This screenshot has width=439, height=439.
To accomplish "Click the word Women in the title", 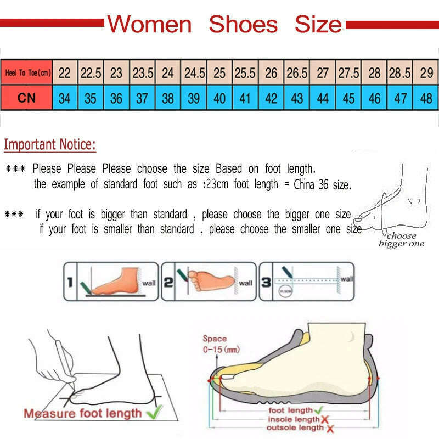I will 149,25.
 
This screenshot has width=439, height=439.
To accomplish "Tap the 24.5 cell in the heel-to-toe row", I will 194,72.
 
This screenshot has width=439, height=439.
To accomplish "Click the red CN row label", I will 26,99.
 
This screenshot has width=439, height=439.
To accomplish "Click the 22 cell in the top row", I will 65,72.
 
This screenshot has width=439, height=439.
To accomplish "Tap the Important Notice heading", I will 50,145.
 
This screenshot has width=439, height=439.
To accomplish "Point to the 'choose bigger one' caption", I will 401,240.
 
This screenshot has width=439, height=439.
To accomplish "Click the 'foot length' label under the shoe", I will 290,410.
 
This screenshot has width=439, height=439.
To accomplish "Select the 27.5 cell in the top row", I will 348,72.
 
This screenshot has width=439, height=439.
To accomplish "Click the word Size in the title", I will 318,25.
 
